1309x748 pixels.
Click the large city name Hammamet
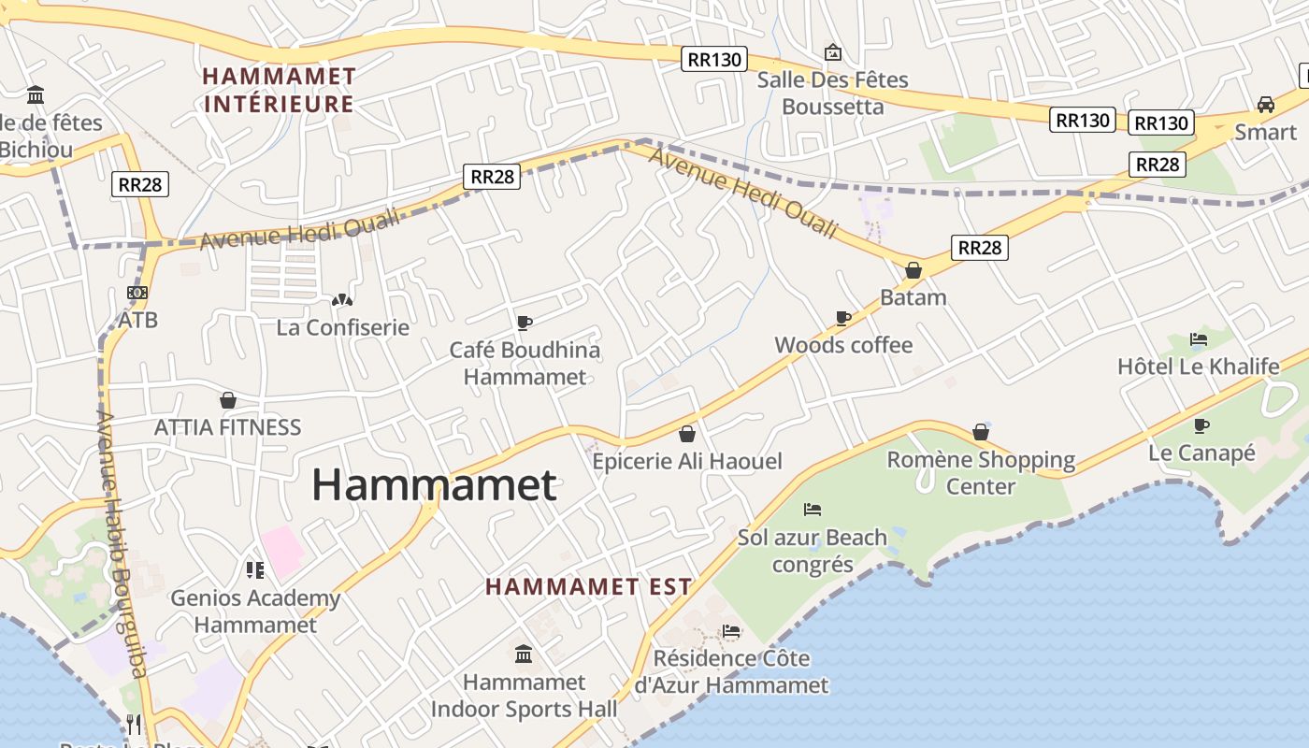point(434,485)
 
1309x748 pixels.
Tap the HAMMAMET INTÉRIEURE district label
point(280,90)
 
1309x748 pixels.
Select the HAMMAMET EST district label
point(589,587)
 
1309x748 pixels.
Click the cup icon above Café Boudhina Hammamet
point(525,323)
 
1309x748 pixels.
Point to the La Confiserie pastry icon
point(342,300)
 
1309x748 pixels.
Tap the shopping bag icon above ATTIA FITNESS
point(227,400)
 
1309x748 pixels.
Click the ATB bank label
point(137,320)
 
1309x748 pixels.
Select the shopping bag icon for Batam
point(913,270)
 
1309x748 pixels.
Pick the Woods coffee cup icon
point(843,318)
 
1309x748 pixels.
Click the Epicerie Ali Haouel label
point(687,461)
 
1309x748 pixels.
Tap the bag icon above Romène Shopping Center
point(981,432)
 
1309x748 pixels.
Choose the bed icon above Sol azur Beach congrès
point(813,510)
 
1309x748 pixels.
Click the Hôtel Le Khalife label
point(1198,367)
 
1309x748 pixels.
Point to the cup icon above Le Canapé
point(1201,426)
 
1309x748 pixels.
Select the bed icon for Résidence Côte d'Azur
point(731,631)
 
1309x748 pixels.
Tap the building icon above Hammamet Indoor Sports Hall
point(524,654)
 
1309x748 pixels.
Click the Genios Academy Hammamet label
point(255,611)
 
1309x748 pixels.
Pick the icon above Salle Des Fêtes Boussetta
point(832,52)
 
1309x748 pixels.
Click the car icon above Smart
point(1266,105)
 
